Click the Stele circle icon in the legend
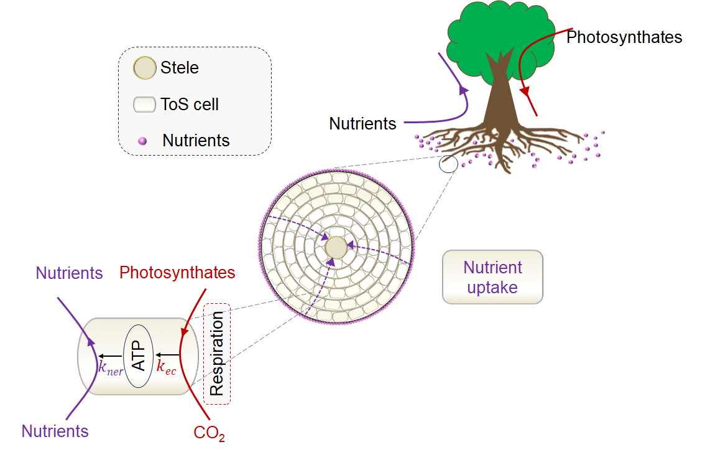(x=145, y=68)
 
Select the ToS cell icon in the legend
(x=144, y=104)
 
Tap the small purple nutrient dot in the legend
(x=142, y=141)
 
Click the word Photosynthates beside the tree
(x=624, y=37)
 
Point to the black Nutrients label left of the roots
(x=362, y=123)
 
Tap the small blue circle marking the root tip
(x=448, y=164)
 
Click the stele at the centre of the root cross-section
(x=336, y=247)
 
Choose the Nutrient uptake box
(x=492, y=277)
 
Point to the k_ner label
(x=111, y=367)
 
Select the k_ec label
(x=166, y=367)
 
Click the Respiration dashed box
(x=216, y=354)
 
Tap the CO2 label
(x=209, y=433)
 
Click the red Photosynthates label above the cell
(x=177, y=273)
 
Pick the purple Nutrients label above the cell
(x=69, y=273)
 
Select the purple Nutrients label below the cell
(x=55, y=431)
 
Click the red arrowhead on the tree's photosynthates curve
(x=525, y=92)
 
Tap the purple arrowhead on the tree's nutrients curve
(x=463, y=90)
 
